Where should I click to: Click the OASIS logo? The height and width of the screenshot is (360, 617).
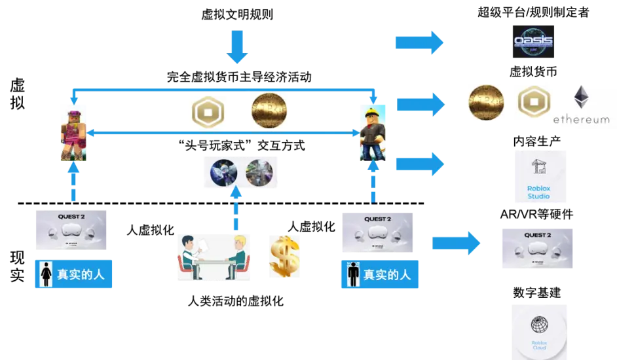tap(533, 42)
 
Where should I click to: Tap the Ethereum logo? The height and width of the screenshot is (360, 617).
tap(580, 105)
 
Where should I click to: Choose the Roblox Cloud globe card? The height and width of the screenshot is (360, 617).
tap(539, 331)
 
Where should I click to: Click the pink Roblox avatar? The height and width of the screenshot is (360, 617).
tap(73, 131)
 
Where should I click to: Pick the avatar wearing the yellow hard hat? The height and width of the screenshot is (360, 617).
tap(371, 131)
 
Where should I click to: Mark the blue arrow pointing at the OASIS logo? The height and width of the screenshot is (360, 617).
tap(419, 43)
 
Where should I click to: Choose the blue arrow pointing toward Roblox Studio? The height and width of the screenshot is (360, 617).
tap(419, 162)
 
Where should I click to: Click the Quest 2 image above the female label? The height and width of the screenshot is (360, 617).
tap(71, 230)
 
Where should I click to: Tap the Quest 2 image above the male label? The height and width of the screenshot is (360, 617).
tap(377, 230)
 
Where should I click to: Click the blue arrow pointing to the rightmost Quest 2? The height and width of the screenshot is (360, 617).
tap(456, 243)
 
